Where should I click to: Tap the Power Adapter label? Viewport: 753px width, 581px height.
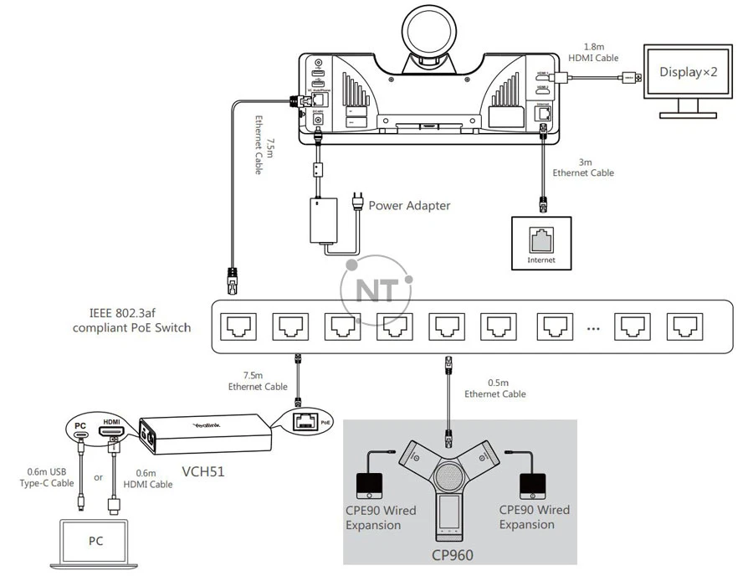pyautogui.click(x=409, y=205)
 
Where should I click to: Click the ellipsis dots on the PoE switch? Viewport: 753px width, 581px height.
pyautogui.click(x=593, y=328)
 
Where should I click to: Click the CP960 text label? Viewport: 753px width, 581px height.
pyautogui.click(x=450, y=554)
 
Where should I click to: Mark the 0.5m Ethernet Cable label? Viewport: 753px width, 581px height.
pyautogui.click(x=495, y=388)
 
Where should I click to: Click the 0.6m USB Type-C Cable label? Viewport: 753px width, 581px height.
pyautogui.click(x=47, y=478)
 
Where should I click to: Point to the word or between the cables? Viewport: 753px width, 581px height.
pyautogui.click(x=99, y=478)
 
